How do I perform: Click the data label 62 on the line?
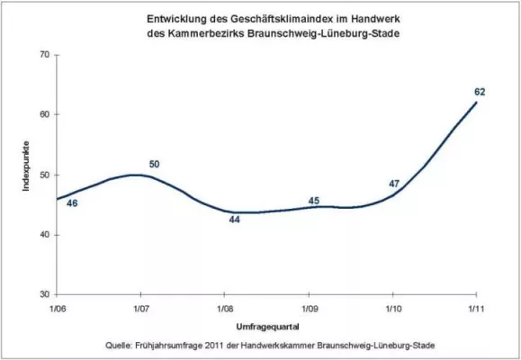coord(478,92)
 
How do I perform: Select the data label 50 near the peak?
coord(154,164)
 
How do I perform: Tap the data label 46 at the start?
coord(72,204)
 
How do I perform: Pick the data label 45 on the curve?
coord(315,200)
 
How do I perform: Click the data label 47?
coord(393,184)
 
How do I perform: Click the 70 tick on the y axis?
coord(42,56)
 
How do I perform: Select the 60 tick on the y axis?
coord(42,115)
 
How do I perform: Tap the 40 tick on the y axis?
coord(42,235)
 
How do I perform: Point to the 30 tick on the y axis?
coord(42,294)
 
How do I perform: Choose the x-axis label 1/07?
coord(140,309)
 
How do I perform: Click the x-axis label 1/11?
coord(476,309)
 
